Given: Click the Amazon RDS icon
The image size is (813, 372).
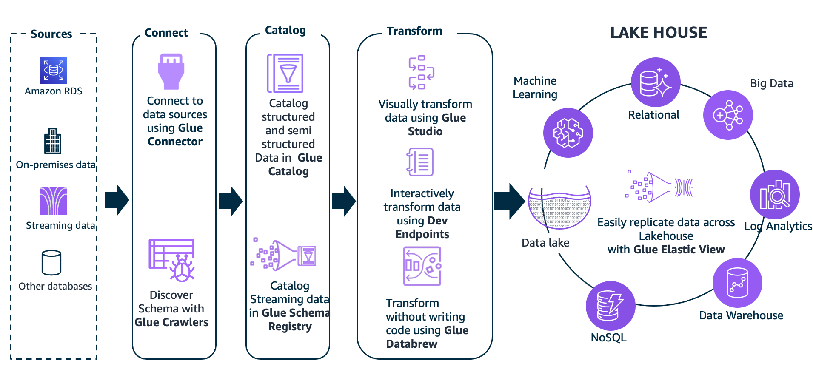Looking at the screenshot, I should (54, 70).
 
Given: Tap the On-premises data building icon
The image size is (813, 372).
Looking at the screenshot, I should (53, 141).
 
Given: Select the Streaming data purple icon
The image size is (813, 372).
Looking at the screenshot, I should (53, 201).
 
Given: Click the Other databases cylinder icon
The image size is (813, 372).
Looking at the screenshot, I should (51, 263).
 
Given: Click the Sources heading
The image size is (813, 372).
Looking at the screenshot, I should (51, 34).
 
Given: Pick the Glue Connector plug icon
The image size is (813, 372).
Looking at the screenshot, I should (171, 71).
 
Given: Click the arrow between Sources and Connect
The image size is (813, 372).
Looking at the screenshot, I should (117, 200).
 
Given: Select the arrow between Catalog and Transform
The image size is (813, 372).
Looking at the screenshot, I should (343, 201).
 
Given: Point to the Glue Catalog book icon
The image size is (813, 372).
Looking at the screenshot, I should (285, 73).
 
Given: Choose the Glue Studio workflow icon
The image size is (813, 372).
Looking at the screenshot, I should (421, 72).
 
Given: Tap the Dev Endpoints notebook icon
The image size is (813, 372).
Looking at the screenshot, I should (420, 162).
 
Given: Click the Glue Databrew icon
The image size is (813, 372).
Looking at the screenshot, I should (422, 267).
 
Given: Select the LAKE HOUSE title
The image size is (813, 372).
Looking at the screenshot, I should (658, 33).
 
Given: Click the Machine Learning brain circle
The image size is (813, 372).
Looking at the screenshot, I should (568, 133).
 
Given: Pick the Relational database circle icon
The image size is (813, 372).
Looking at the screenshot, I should (656, 82).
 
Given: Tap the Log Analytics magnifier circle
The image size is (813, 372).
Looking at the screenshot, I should (775, 195).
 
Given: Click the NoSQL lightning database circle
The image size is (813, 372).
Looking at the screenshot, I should (610, 306).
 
